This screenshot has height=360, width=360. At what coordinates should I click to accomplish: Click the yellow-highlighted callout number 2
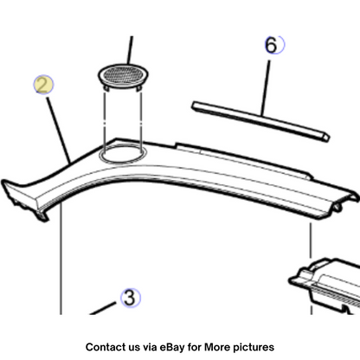(43, 85)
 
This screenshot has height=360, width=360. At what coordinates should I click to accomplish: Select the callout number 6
(271, 45)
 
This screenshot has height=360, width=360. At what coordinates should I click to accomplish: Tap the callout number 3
(130, 298)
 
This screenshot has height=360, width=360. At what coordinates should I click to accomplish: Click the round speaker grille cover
(124, 74)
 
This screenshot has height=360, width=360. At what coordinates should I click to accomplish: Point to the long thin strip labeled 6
(260, 121)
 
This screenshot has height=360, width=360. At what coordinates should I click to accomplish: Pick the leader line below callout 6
(266, 87)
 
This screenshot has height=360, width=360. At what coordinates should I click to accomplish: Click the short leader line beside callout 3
(103, 308)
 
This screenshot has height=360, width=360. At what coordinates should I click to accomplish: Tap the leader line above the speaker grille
(131, 50)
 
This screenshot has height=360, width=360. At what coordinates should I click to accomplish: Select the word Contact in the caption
(104, 347)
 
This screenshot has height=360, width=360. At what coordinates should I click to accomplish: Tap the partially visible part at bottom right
(325, 286)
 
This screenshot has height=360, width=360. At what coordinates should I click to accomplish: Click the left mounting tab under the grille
(106, 87)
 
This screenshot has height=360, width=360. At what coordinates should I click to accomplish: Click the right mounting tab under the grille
(139, 88)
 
